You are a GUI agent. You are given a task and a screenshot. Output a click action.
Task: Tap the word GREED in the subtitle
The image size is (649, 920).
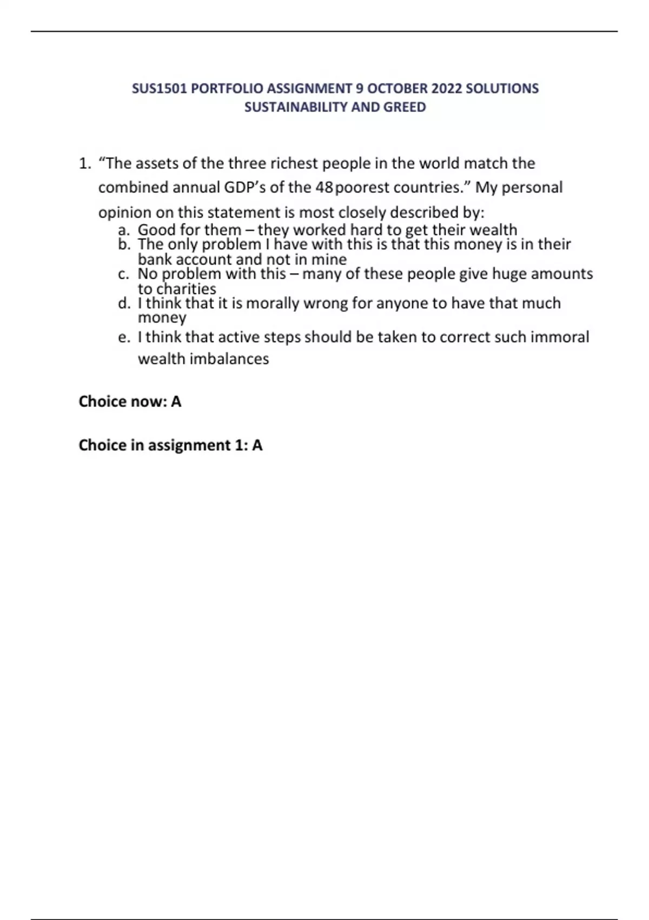coord(405,107)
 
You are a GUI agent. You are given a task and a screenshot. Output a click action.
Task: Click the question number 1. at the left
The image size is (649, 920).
coord(84,163)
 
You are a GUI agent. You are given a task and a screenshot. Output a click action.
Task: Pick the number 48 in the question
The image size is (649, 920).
coord(324,188)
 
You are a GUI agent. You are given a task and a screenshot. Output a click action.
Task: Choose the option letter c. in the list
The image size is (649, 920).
coord(124,274)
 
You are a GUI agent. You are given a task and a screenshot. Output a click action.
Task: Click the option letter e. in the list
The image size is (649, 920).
coord(124,337)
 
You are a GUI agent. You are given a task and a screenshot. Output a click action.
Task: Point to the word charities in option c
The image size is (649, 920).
coord(186,289)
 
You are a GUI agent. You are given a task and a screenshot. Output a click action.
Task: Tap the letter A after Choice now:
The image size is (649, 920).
coord(176,402)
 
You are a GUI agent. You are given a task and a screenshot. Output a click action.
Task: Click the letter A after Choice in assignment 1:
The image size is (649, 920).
coord(257,445)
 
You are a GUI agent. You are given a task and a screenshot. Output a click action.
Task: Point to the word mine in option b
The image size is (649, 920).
coord(329,259)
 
